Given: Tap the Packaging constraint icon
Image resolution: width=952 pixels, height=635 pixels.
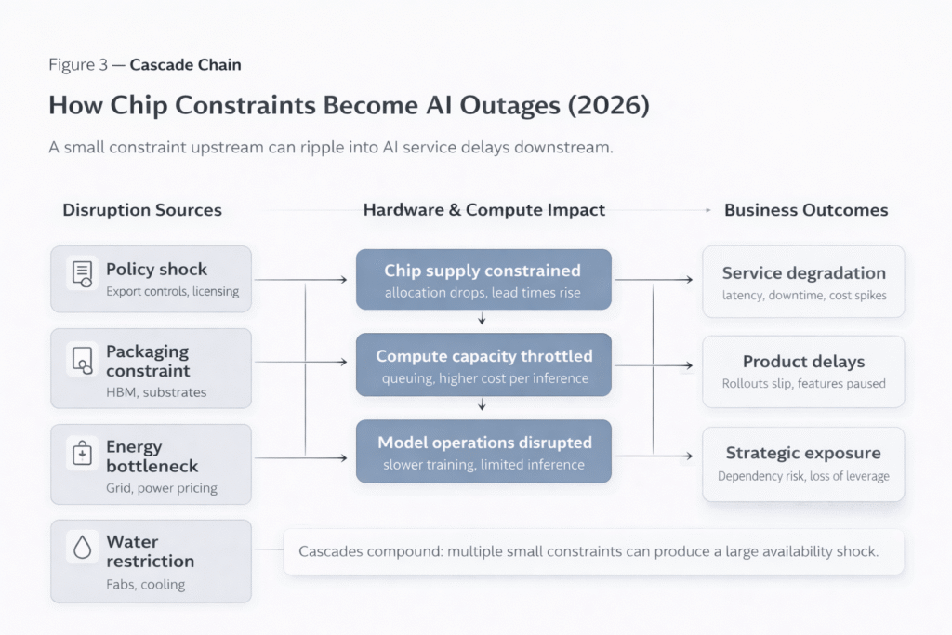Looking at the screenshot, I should tap(82, 359).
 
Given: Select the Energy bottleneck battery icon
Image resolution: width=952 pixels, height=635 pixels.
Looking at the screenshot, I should tap(82, 455).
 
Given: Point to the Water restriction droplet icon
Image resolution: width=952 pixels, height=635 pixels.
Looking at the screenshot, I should tap(82, 549).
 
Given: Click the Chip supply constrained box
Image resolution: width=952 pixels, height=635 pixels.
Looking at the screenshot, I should tap(483, 279).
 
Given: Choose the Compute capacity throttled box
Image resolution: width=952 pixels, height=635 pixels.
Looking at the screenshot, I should tap(483, 364).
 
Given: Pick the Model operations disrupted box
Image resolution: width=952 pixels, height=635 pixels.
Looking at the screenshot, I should tap(483, 451).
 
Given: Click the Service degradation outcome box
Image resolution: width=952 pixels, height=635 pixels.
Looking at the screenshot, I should tap(803, 282).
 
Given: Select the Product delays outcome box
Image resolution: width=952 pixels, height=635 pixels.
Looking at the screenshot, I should tap(803, 371).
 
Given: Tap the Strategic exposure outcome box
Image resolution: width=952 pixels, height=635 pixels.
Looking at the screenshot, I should tap(803, 463).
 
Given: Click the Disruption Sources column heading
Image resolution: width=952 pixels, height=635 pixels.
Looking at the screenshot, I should tap(142, 210).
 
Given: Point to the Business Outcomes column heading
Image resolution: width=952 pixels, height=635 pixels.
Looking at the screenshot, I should tap(806, 210).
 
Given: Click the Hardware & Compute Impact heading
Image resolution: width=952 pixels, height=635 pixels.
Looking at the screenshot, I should tap(483, 210).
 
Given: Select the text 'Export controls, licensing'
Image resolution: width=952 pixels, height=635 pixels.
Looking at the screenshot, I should tap(172, 292).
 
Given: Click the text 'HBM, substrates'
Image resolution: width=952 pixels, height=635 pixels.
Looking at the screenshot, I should tap(156, 392).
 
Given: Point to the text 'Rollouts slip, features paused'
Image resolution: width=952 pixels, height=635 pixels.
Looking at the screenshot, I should tap(803, 383).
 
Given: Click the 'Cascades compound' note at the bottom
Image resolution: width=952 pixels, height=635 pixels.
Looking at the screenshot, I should tap(588, 551).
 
